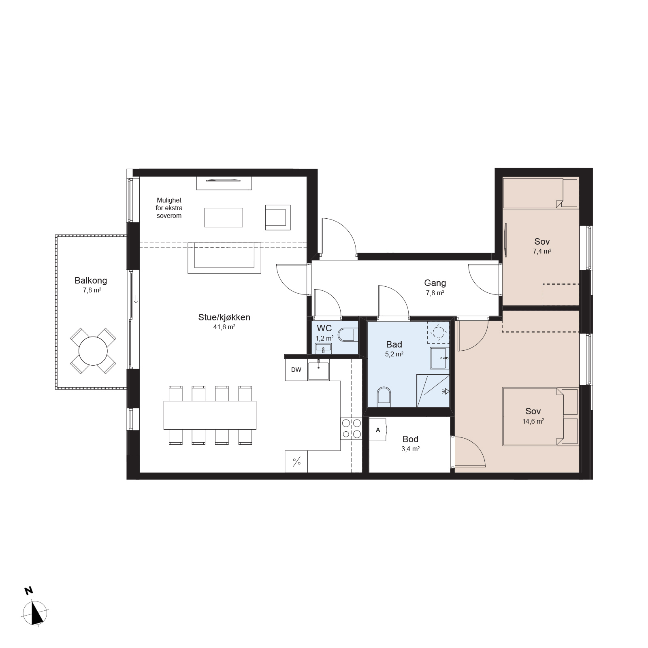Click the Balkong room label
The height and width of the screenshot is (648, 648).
(x=91, y=280)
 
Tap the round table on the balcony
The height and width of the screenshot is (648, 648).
(x=93, y=351)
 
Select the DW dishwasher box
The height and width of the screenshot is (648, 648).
(x=296, y=370)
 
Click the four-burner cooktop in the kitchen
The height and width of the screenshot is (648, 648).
(x=351, y=428)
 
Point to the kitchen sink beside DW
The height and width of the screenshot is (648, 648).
(x=318, y=371)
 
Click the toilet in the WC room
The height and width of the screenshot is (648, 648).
(x=347, y=335)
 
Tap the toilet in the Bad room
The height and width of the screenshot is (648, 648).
(x=384, y=396)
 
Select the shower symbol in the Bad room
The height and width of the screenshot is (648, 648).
(x=433, y=391)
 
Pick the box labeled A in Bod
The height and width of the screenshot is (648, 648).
(x=378, y=430)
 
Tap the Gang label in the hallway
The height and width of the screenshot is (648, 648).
(x=435, y=283)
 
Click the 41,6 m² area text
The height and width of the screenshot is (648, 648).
(x=224, y=327)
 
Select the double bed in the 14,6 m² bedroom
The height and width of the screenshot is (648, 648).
(x=540, y=417)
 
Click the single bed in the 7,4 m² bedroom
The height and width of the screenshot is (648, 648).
(x=540, y=193)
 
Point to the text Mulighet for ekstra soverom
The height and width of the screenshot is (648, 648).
(x=169, y=208)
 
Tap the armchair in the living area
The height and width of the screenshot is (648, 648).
(x=278, y=217)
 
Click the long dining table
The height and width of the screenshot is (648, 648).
(x=210, y=415)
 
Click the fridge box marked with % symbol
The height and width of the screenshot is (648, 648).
(x=296, y=461)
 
